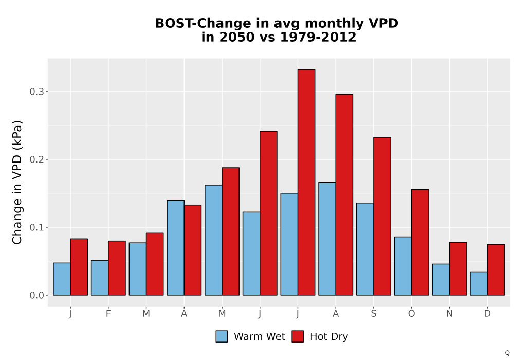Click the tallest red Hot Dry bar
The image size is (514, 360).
(306, 182)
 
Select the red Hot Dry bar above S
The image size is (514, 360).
(382, 216)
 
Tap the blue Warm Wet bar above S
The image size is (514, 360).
(365, 249)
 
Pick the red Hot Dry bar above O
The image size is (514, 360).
(420, 242)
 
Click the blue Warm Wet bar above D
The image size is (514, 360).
(479, 283)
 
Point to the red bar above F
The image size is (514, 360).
(117, 268)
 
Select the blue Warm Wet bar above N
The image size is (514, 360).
(440, 279)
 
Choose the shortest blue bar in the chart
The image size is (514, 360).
(479, 283)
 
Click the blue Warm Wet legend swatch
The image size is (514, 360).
(222, 336)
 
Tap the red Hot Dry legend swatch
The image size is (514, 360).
(298, 336)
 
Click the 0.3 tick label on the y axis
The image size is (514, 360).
(36, 92)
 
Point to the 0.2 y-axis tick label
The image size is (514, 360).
(36, 159)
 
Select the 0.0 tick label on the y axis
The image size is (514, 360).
(36, 295)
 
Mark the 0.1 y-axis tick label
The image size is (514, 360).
(36, 227)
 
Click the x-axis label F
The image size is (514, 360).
(108, 314)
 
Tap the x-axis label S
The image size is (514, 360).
(373, 314)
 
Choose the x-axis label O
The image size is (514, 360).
(411, 314)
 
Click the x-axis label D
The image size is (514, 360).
(487, 314)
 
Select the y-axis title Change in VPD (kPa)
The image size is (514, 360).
(17, 182)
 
